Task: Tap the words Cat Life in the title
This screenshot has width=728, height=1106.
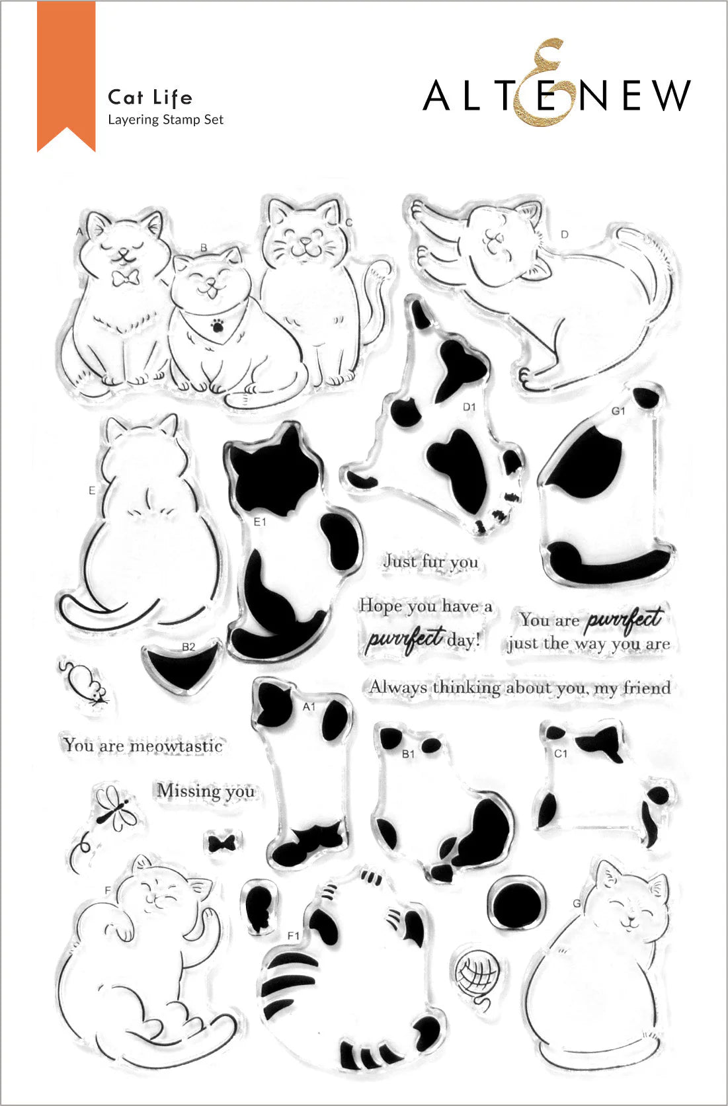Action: pyautogui.click(x=150, y=98)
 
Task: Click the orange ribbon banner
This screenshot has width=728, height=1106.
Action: pyautogui.click(x=66, y=73)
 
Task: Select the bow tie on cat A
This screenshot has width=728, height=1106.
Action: pyautogui.click(x=124, y=276)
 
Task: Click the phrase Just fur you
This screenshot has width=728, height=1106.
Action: pyautogui.click(x=431, y=562)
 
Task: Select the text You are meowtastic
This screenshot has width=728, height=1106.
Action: pyautogui.click(x=143, y=746)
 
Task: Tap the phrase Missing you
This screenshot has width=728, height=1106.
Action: pyautogui.click(x=206, y=791)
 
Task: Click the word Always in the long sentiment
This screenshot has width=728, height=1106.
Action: pyautogui.click(x=398, y=688)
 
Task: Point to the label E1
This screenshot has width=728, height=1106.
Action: pyautogui.click(x=260, y=522)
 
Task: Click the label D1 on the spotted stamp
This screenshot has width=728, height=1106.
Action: pyautogui.click(x=469, y=407)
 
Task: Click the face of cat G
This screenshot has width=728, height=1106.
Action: pyautogui.click(x=631, y=906)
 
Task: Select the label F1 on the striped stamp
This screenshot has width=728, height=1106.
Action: pyautogui.click(x=294, y=935)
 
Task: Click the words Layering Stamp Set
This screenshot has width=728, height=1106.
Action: pyautogui.click(x=165, y=120)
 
